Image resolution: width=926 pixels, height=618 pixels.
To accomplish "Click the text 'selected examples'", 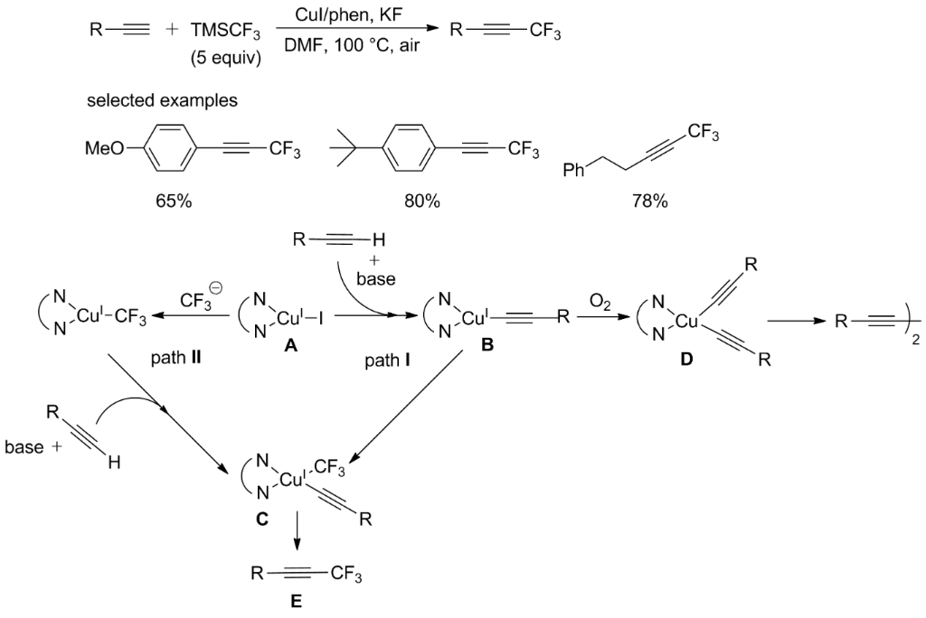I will pos(162,100).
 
